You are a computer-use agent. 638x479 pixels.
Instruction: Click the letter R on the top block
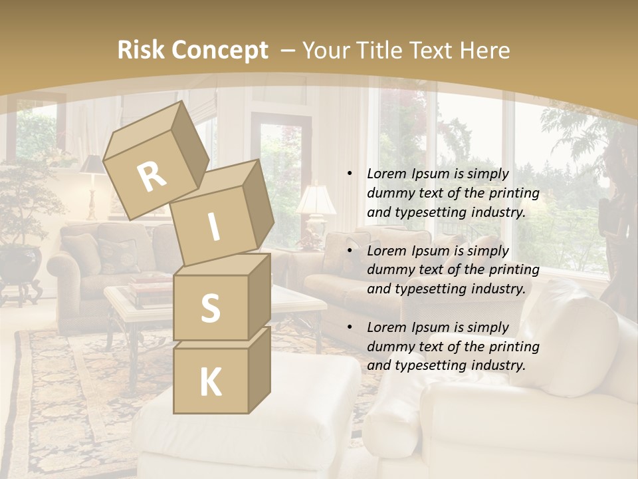point(152,177)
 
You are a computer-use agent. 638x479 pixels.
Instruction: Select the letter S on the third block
point(210,309)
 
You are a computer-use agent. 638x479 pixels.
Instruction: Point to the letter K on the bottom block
point(210,383)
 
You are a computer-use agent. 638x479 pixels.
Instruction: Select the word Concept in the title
point(219,50)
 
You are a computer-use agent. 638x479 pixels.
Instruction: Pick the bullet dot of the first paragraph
point(350,174)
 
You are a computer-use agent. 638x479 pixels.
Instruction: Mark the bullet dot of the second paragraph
point(350,251)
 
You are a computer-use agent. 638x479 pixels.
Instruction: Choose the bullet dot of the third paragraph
point(350,328)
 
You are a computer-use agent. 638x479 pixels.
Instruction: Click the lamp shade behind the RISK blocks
point(316,199)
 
